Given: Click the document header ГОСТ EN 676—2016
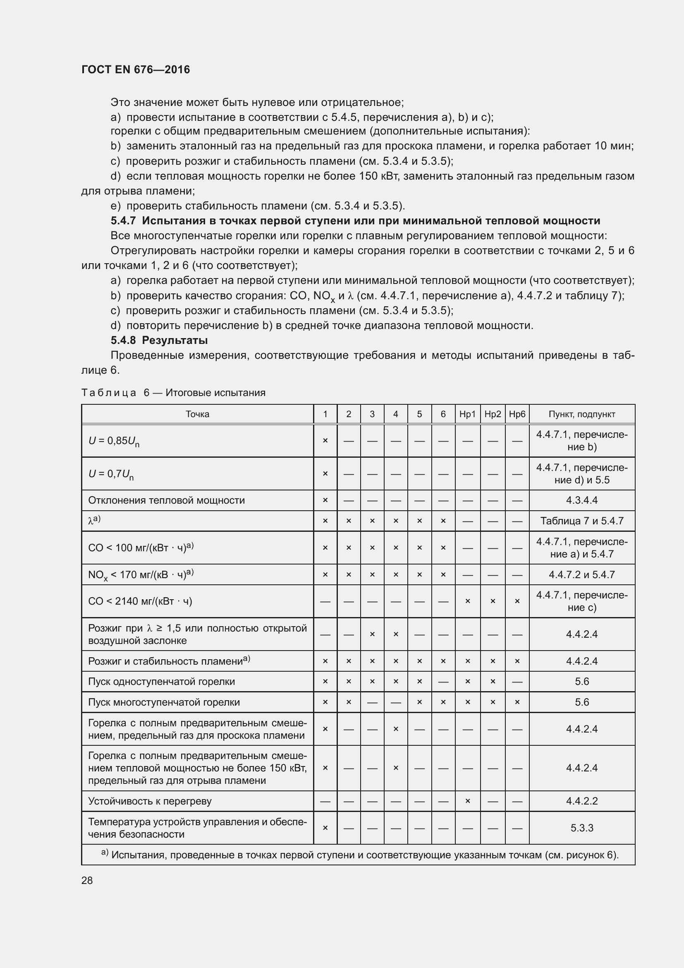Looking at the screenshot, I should [x=135, y=70].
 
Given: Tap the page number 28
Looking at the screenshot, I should [x=87, y=880].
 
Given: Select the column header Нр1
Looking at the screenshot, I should [x=467, y=414].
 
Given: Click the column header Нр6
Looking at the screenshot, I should [x=517, y=414].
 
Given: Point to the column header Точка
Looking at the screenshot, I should [x=197, y=414].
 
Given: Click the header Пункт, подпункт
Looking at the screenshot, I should [x=582, y=414].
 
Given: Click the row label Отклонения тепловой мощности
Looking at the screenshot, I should [x=166, y=500].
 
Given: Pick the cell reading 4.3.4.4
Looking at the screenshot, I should [x=582, y=500].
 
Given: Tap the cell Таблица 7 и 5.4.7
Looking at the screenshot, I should [x=582, y=521].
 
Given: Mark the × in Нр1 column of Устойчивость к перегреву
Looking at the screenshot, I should [x=467, y=801].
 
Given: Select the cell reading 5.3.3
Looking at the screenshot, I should [x=582, y=828].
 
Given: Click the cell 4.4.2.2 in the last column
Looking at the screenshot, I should [x=582, y=801].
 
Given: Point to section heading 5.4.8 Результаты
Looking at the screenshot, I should [x=159, y=340].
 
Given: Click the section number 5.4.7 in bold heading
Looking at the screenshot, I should [x=123, y=221].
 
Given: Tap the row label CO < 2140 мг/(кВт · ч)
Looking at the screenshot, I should [x=140, y=601].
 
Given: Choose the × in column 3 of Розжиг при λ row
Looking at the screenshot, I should [x=372, y=634].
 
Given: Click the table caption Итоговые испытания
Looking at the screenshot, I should [x=215, y=393].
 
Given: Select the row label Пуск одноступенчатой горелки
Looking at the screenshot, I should [x=161, y=682].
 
